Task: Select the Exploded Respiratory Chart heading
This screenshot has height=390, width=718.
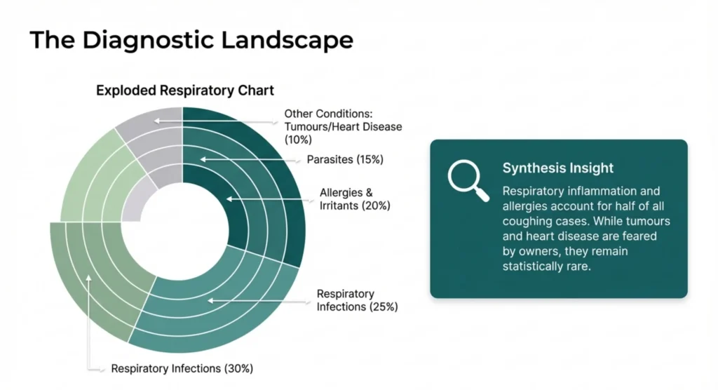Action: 185,90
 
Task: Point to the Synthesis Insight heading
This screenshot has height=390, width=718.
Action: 558,168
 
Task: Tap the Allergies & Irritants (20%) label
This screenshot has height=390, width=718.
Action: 354,199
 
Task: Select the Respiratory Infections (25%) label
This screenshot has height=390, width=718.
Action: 357,300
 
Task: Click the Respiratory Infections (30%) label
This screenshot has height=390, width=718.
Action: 182,368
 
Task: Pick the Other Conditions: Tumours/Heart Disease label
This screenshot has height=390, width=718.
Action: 344,120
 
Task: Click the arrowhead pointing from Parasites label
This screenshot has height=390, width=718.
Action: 202,160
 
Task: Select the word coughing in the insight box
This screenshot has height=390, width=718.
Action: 528,222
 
